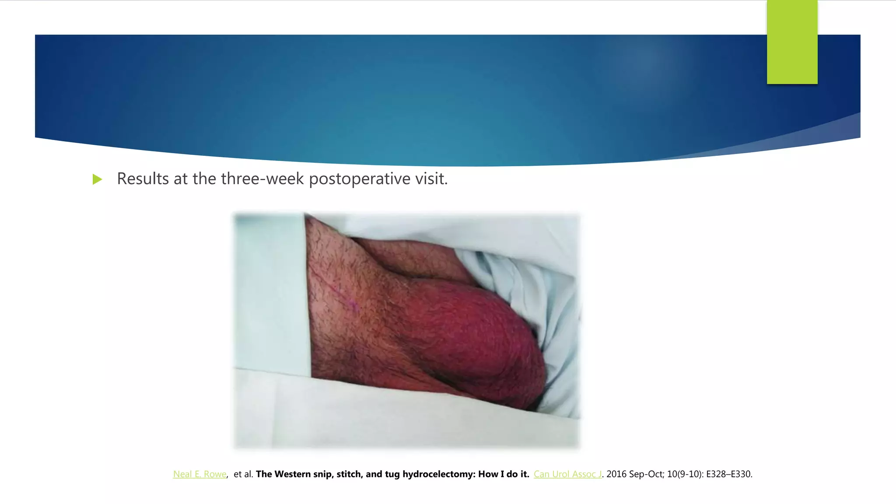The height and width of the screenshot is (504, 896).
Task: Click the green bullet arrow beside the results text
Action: point(97,179)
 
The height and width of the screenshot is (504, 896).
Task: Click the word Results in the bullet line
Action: point(143,178)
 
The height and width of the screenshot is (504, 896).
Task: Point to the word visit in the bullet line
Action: point(431,178)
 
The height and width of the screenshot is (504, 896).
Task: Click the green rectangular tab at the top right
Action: point(792,42)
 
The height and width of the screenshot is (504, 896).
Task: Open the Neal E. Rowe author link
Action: point(199,474)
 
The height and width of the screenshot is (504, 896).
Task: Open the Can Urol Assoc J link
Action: point(567,474)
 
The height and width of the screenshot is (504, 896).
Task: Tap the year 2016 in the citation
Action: point(616,474)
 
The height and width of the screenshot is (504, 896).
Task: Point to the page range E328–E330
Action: point(729,474)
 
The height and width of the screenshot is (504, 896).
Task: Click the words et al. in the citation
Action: point(243,474)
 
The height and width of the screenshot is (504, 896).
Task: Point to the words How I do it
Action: point(504,474)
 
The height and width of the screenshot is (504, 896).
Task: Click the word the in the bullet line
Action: point(204,178)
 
